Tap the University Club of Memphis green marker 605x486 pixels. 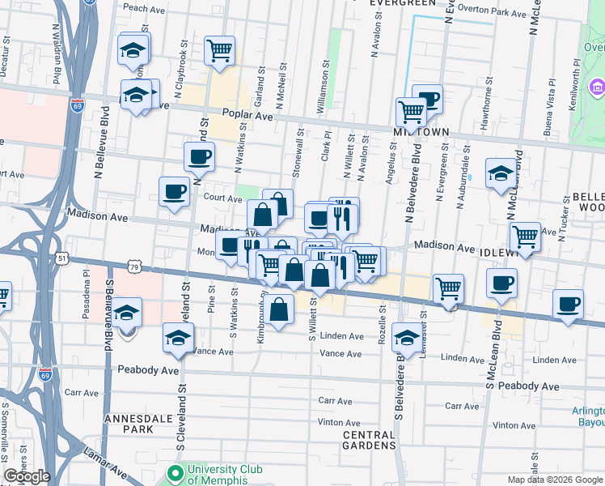point(176,472)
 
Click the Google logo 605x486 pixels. point(27,476)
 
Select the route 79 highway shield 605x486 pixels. point(134,266)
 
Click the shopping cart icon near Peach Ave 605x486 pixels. point(219,49)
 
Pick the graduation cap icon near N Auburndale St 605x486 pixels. point(501,172)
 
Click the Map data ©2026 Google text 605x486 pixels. point(555,480)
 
